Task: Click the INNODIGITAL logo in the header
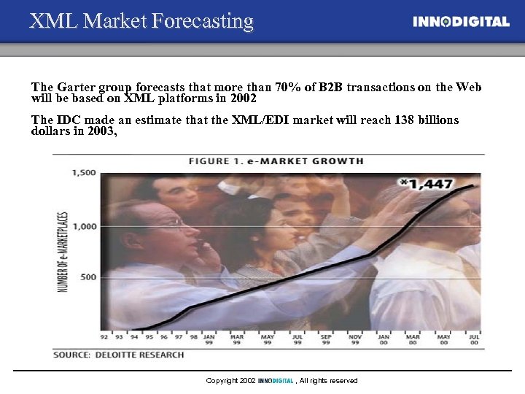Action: point(461,22)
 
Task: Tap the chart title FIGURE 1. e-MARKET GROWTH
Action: point(276,161)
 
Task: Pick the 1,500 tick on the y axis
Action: point(85,173)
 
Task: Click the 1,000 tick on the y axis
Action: point(85,226)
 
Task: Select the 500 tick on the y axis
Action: point(87,277)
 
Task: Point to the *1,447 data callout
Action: point(426,184)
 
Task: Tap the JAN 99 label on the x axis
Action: point(209,340)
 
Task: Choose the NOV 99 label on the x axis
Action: point(354,340)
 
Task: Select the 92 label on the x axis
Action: point(104,337)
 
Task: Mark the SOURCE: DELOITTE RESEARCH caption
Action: point(118,355)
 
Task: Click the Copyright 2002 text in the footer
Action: point(230,381)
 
